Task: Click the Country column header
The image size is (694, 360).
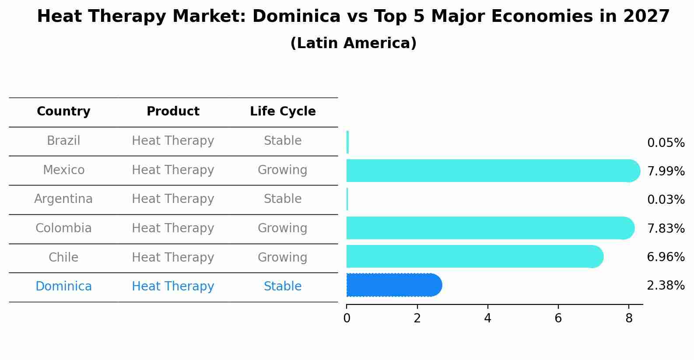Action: point(63,112)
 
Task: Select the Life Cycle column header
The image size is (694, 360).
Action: point(283,112)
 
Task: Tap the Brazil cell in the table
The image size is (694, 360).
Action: point(63,141)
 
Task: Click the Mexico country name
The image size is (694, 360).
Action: point(63,170)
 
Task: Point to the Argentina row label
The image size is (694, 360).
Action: point(63,199)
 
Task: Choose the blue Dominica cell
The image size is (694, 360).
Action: point(63,287)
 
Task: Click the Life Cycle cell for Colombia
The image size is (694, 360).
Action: point(283,228)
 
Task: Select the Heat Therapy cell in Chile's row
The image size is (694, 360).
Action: point(173,257)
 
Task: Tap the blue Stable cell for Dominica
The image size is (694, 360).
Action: point(283,287)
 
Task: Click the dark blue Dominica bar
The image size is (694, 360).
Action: point(394,285)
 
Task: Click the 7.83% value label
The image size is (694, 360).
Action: point(666,228)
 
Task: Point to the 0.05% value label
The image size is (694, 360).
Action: point(666,143)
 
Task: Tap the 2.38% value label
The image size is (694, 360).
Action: point(666,286)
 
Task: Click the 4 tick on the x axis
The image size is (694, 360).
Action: point(487,318)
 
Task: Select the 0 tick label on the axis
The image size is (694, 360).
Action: point(347,318)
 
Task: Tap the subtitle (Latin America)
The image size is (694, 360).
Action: point(353,43)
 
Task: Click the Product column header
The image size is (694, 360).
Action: point(173,112)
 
